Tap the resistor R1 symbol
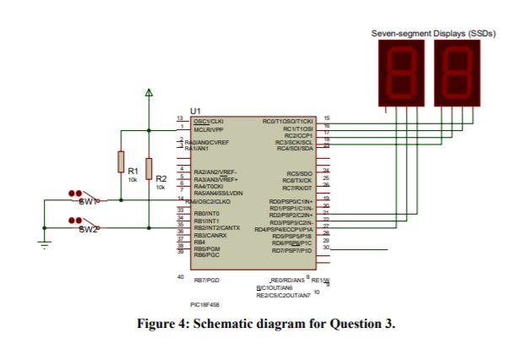(x=122, y=161)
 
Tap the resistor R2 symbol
(x=149, y=169)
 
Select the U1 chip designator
(x=196, y=111)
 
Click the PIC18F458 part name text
(x=207, y=305)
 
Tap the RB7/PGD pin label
(x=207, y=278)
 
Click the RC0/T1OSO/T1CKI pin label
(x=288, y=122)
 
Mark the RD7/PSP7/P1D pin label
(x=292, y=250)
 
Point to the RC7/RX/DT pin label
(x=297, y=187)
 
